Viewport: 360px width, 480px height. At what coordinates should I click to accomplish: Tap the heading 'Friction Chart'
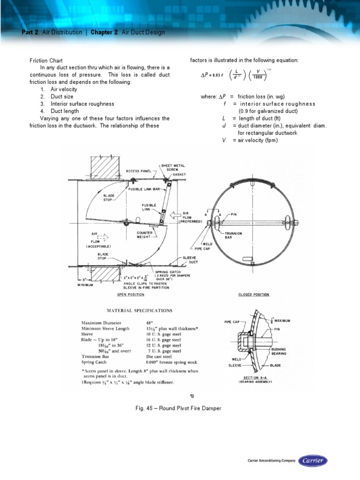pyautogui.click(x=43, y=61)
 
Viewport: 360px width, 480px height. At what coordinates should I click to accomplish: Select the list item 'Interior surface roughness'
pyautogui.click(x=82, y=104)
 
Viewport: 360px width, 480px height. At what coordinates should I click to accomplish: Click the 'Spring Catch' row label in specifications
pyautogui.click(x=94, y=362)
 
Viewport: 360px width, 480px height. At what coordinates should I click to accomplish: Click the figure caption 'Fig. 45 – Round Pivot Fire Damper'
pyautogui.click(x=178, y=408)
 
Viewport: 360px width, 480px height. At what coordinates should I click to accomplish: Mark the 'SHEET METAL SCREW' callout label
pyautogui.click(x=173, y=168)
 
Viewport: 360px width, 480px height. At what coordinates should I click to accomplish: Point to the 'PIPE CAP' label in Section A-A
pyautogui.click(x=232, y=322)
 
